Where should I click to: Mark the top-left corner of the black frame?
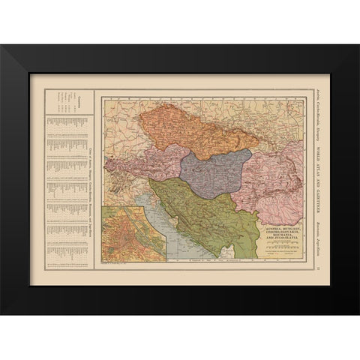(x=3, y=47)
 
